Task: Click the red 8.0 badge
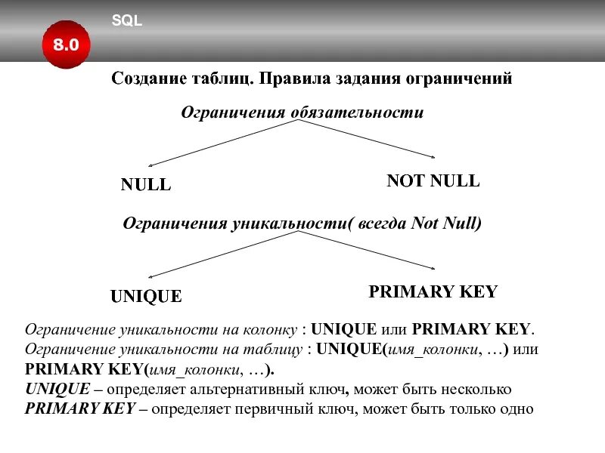pos(66,45)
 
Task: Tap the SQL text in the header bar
pos(127,21)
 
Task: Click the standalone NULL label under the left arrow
pos(146,185)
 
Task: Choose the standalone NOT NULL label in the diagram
pos(433,181)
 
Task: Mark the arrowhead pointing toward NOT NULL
pos(433,158)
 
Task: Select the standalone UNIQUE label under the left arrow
pos(146,297)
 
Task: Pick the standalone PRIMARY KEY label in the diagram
pos(433,292)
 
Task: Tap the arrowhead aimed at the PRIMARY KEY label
pos(433,269)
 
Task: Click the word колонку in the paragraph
pos(271,330)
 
